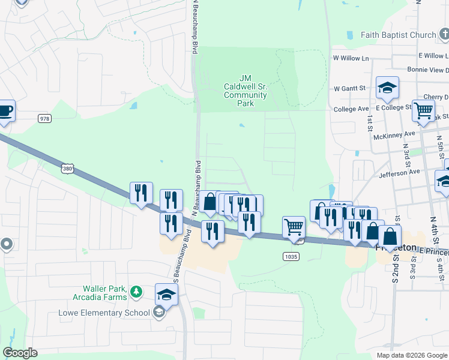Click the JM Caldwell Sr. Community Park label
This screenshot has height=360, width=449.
coord(245,91)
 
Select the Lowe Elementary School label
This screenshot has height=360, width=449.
coord(104,312)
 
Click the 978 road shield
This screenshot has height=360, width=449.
coord(44,118)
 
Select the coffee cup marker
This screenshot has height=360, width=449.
coord(5,111)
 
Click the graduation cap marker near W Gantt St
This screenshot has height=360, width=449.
coord(387,88)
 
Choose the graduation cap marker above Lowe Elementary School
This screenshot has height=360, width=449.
coord(167,295)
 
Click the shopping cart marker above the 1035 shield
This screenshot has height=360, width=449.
coord(294,227)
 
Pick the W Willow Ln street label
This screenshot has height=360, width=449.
coord(351,58)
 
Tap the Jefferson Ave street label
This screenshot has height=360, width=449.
coord(399,172)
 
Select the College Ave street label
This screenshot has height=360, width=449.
coord(351,109)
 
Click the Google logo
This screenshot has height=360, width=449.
coord(20,353)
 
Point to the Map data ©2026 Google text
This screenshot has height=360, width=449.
coord(411,355)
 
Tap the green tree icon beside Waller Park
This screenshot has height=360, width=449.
coord(137,292)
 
